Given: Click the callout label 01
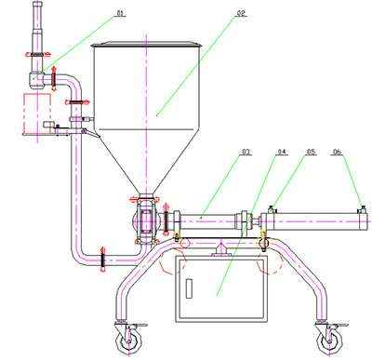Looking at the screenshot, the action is (120, 13).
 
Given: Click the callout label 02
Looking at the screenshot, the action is (241, 13).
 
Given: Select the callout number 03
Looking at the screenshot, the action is (246, 152).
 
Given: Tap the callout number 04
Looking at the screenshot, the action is (282, 152).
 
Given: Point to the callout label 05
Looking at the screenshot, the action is (311, 152).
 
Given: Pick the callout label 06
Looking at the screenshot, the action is (338, 152).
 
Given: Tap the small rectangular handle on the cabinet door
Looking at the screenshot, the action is (189, 288).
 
